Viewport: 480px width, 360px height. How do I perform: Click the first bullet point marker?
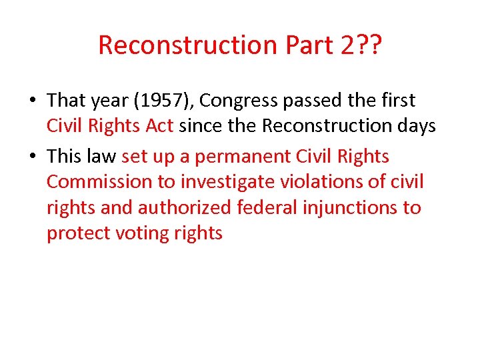(x=33, y=101)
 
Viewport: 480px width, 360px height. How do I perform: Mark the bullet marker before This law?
(x=33, y=157)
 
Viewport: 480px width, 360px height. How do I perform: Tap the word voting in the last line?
(x=139, y=233)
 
